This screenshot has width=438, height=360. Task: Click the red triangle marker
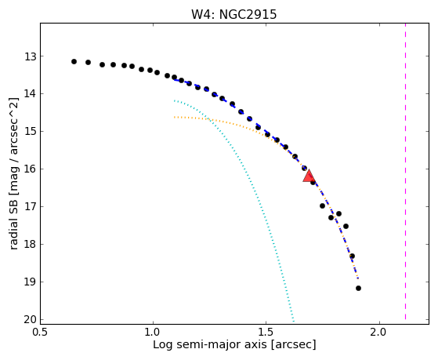(309, 176)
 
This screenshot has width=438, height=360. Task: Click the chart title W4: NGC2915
(233, 15)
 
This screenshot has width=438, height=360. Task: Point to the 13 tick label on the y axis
(31, 56)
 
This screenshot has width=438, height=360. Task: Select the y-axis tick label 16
(31, 169)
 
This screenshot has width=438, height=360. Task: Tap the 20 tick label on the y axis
(31, 320)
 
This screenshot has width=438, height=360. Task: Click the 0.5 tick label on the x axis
(41, 333)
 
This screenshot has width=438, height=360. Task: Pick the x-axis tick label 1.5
(266, 333)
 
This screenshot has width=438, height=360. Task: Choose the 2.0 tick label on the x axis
(379, 333)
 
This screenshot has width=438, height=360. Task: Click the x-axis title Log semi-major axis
(210, 345)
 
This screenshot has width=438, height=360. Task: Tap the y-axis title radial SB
(13, 222)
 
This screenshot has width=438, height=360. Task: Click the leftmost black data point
(74, 61)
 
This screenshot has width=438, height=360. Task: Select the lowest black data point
(358, 288)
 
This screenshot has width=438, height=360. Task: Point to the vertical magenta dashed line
(405, 172)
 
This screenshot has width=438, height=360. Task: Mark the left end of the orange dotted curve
(174, 117)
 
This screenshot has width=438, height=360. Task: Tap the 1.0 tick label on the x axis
(153, 333)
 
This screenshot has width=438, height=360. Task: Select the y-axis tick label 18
(31, 245)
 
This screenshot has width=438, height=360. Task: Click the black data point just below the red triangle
(313, 183)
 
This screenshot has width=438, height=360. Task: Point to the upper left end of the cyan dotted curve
(174, 100)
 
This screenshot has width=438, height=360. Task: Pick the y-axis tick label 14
(31, 94)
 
